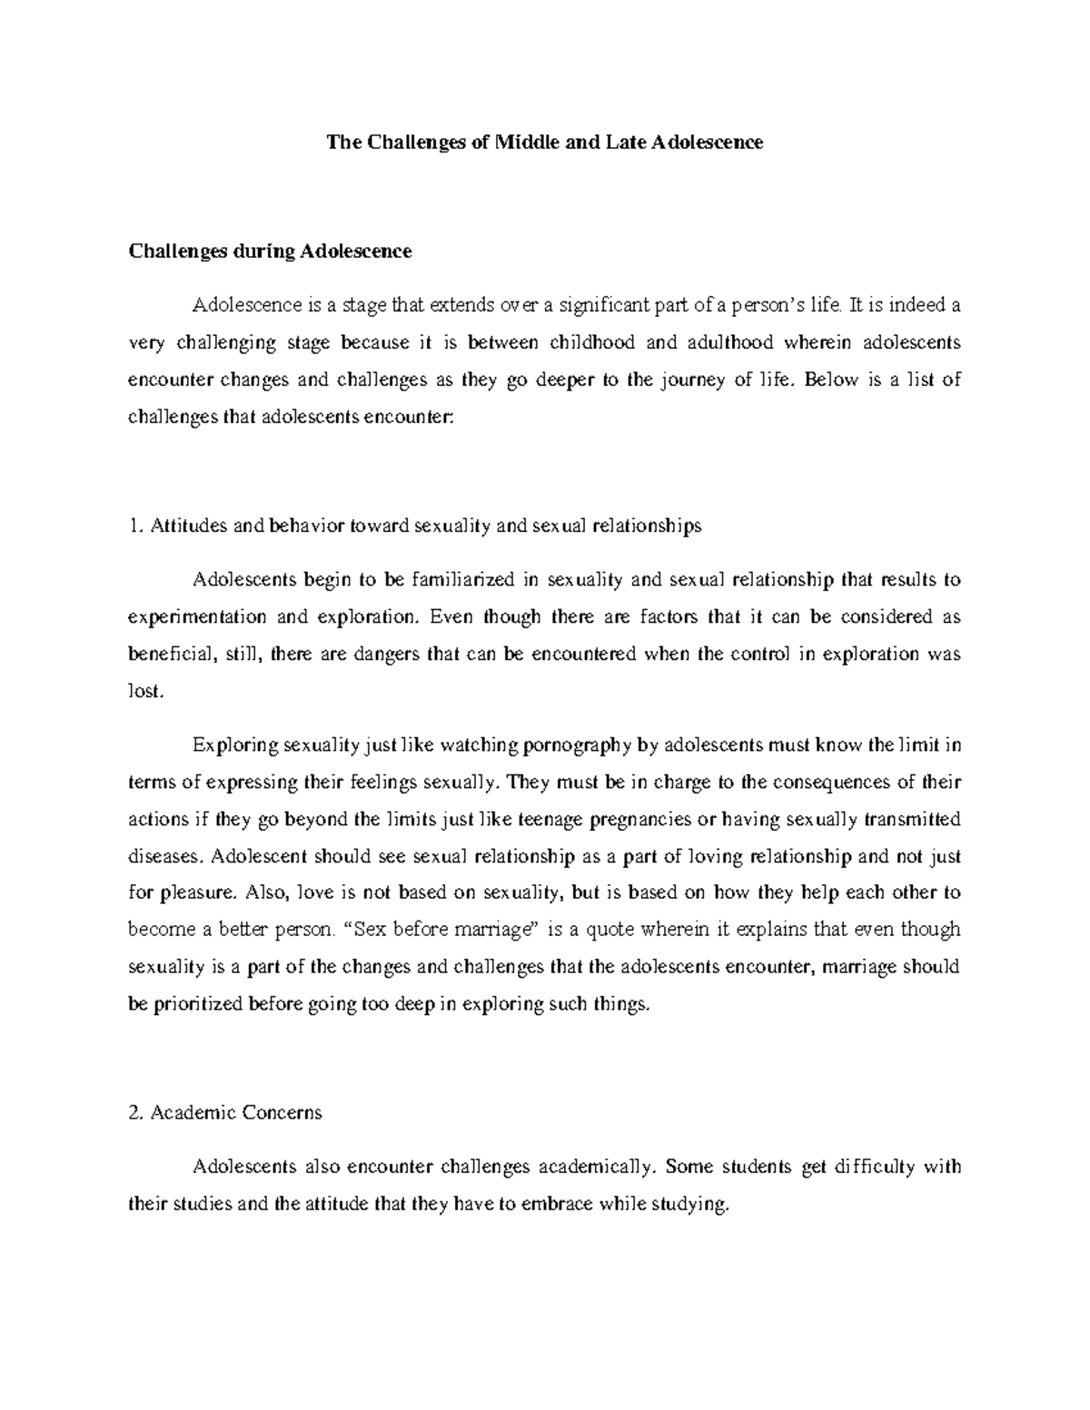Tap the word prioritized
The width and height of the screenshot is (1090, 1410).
tap(199, 1003)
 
